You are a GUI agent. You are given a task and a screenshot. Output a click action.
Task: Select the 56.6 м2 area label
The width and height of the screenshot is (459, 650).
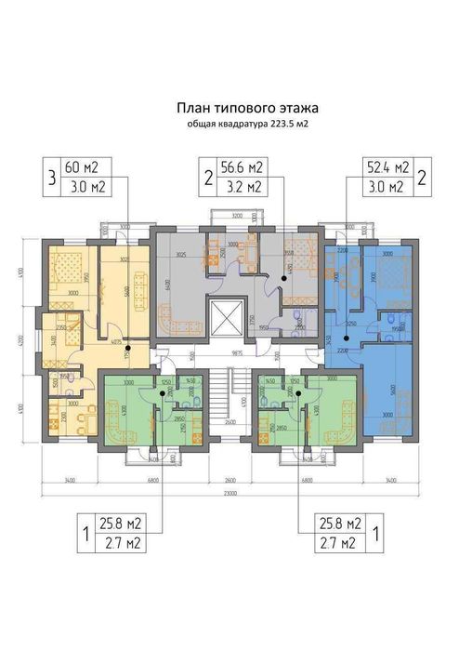[x=240, y=167]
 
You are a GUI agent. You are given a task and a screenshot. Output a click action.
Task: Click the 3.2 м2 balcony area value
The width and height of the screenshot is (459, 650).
[x=240, y=187]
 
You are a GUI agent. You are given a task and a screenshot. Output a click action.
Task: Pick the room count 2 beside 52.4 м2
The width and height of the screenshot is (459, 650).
[x=422, y=177]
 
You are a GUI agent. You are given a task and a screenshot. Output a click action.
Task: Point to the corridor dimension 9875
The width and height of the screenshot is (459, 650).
[x=237, y=353]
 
